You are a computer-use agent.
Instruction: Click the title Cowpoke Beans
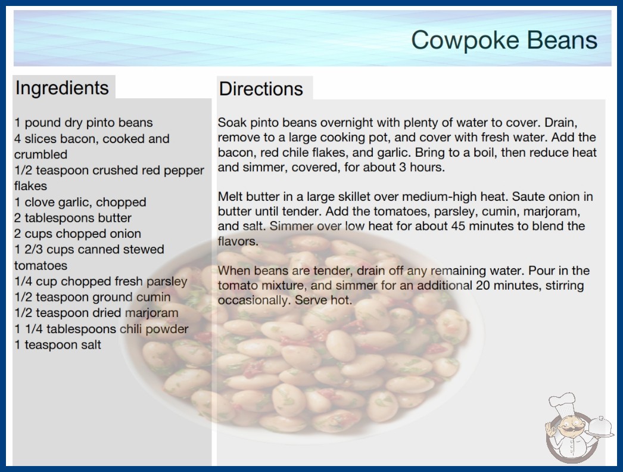(x=504, y=41)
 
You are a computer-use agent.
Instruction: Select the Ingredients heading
(x=62, y=88)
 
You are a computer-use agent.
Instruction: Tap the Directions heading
(x=261, y=89)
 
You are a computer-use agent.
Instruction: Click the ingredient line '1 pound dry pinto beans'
(x=83, y=123)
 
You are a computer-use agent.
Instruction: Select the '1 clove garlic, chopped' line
(x=80, y=202)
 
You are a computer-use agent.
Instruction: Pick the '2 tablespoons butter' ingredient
(x=73, y=218)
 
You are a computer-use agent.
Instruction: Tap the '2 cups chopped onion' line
(x=77, y=234)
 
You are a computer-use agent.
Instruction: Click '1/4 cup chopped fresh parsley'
(x=101, y=281)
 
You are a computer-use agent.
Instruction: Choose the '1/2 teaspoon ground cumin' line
(x=92, y=297)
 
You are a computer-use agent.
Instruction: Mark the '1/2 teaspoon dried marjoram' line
(x=96, y=313)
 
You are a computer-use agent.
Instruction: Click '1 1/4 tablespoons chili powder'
(x=101, y=329)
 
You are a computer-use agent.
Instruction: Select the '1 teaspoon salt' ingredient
(x=58, y=344)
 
